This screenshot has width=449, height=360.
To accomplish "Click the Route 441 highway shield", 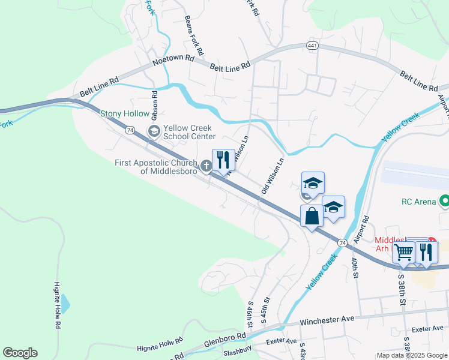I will tap(309, 46).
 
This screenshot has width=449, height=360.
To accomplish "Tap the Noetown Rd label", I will tap(173, 59).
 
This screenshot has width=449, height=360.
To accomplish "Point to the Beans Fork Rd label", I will tap(194, 35).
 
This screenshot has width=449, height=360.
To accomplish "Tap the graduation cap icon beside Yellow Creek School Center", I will tap(153, 131).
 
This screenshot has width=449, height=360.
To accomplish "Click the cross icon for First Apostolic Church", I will tap(206, 165).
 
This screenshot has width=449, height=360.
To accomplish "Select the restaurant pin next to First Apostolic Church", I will tap(223, 160).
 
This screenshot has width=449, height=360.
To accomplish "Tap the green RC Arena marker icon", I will tap(444, 202).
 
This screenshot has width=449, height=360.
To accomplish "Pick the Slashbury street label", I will tap(237, 350).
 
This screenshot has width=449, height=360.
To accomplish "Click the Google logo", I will tap(20, 353).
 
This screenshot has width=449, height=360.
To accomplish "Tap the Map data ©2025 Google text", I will tap(412, 355).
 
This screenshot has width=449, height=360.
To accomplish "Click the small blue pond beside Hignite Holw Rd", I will tap(65, 305).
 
